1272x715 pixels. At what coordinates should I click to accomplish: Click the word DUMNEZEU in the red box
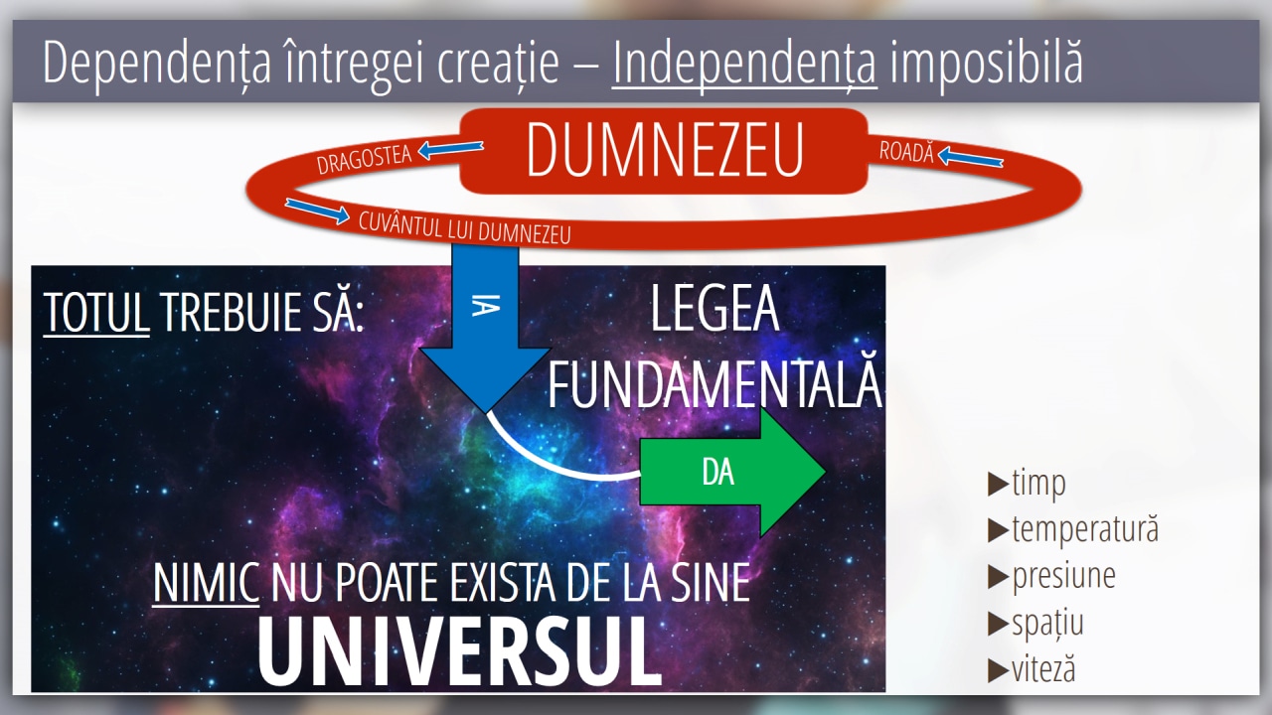(665, 150)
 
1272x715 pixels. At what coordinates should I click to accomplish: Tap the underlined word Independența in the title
(744, 63)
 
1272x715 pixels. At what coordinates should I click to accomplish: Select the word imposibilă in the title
(986, 63)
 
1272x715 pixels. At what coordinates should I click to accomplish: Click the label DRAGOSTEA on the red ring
(364, 160)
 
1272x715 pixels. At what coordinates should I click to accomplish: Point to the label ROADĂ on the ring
(906, 152)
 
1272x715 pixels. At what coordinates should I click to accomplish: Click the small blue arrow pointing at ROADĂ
(970, 157)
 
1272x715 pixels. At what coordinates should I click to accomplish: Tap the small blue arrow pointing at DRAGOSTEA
(450, 149)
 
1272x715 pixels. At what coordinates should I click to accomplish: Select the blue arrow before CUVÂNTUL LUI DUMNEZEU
(317, 210)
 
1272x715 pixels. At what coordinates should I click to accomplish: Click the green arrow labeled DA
(732, 472)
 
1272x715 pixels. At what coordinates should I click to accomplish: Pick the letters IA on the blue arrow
(486, 305)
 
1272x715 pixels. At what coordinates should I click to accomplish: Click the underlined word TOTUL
(96, 312)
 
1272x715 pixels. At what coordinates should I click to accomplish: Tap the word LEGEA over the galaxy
(715, 308)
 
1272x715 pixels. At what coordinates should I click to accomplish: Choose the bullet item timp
(1027, 484)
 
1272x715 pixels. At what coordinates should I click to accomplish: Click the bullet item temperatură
(1072, 529)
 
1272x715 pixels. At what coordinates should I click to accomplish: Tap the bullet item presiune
(1051, 577)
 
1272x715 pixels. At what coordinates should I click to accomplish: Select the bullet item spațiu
(1035, 623)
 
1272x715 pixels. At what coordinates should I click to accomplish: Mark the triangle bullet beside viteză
(998, 670)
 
